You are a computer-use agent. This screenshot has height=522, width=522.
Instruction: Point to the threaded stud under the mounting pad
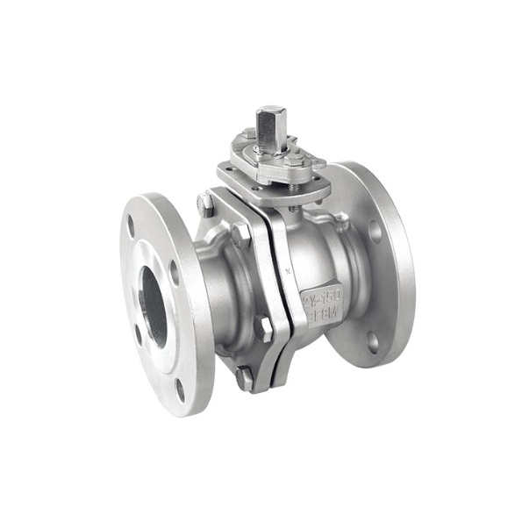click(x=293, y=208)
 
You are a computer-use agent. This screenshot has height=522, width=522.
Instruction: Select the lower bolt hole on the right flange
click(x=372, y=341)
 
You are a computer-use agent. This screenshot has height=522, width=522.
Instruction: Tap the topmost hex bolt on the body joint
click(x=205, y=204)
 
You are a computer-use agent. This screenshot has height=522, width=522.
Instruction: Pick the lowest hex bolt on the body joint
click(x=245, y=378)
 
